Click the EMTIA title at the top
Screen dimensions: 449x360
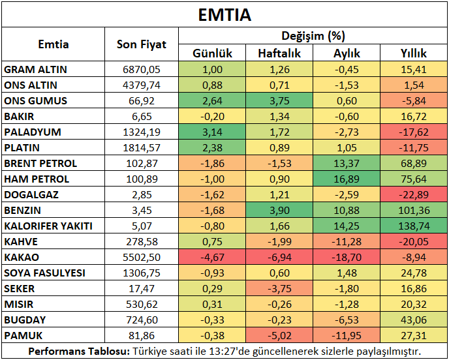click(225, 15)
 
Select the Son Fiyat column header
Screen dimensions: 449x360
click(142, 44)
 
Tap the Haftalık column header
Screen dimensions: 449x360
click(279, 53)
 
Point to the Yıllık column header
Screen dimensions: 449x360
click(414, 53)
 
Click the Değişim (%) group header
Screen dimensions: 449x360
click(313, 36)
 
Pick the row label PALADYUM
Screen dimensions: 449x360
click(33, 132)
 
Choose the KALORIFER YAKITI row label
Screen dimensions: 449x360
click(48, 226)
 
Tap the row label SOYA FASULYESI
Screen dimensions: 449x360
click(44, 273)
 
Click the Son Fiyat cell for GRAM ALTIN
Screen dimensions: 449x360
click(142, 70)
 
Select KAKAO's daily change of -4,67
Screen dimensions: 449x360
click(212, 257)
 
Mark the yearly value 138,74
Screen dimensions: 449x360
click(414, 226)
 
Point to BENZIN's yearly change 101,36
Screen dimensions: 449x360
click(414, 211)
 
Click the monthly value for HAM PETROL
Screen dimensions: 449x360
click(347, 179)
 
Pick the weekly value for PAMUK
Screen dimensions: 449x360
click(279, 335)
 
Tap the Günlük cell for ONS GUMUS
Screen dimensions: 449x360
click(212, 101)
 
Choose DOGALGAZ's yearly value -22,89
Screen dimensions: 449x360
click(414, 195)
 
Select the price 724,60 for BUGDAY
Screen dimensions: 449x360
click(142, 320)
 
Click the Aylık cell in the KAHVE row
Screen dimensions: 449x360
click(347, 242)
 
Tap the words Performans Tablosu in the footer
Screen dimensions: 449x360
click(80, 351)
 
